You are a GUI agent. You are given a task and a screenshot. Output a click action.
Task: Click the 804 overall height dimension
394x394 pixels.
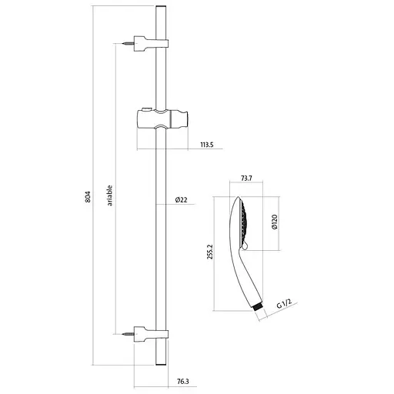[x=88, y=197]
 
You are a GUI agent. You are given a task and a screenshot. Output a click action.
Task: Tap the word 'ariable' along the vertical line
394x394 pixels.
[x=110, y=195]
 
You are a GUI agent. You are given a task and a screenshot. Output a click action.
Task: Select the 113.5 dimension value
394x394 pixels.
[x=207, y=145]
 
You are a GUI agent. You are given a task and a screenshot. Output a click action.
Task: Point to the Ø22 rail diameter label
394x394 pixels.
[x=182, y=200]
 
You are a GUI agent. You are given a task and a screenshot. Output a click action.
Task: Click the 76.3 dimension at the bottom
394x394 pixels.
[x=183, y=382]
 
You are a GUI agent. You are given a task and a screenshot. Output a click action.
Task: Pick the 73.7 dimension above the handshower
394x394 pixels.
[x=246, y=178]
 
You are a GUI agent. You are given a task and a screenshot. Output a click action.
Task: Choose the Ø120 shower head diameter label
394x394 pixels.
[x=274, y=222]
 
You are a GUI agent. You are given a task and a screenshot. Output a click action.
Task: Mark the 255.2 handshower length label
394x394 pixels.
[x=210, y=252]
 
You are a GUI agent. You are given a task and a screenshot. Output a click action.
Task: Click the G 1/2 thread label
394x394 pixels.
[x=284, y=304]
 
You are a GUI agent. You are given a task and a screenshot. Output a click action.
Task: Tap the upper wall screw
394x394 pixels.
[x=129, y=44]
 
